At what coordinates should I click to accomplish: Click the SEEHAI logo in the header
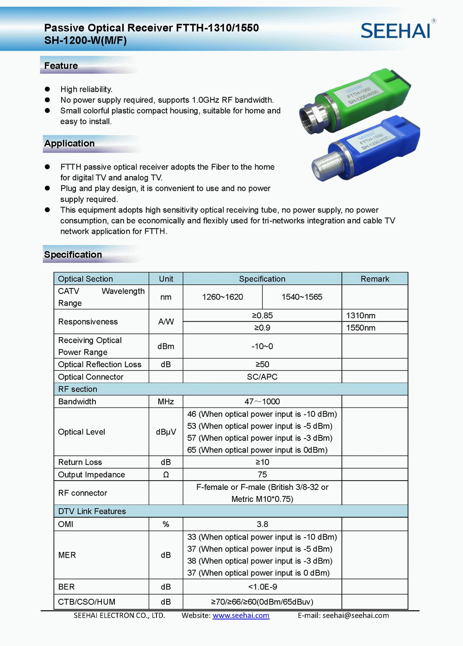(x=397, y=31)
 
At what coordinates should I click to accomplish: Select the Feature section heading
(x=61, y=66)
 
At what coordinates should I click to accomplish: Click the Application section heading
(x=69, y=144)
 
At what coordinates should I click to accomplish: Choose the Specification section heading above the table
(x=73, y=255)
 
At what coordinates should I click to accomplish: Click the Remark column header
(x=375, y=279)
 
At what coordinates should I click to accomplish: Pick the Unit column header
(x=166, y=279)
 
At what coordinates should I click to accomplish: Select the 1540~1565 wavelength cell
(x=302, y=297)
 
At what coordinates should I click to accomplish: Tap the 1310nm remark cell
(x=361, y=315)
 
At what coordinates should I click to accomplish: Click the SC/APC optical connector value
(x=262, y=377)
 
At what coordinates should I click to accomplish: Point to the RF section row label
(x=78, y=389)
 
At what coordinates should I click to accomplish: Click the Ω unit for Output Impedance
(x=166, y=475)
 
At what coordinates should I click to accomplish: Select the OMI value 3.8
(x=262, y=524)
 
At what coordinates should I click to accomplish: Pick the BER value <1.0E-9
(x=262, y=587)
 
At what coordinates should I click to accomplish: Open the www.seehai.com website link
(x=241, y=615)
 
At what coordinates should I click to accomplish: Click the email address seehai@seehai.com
(x=356, y=615)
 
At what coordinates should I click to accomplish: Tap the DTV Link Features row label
(x=92, y=511)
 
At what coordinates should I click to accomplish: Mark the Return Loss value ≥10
(x=262, y=462)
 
